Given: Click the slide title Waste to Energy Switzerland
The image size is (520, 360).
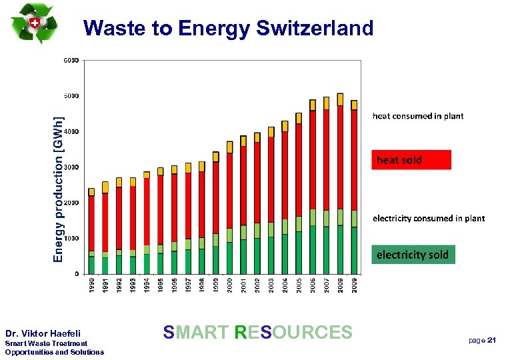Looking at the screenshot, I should coord(229,28).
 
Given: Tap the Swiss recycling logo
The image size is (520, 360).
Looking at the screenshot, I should coord(35,23).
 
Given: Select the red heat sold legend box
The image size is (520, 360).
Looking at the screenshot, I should coord(411,160).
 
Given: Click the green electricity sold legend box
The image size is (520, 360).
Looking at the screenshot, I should coord(413,255).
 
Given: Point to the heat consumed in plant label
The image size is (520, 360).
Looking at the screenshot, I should coord(417,116).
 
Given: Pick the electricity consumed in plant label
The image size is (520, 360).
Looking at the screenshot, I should coord(428,218).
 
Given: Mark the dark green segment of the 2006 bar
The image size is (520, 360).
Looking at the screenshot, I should coord(313,249).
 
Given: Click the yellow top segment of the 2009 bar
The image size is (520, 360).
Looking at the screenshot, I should coord(355,105).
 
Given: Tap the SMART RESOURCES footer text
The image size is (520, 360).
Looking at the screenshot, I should coord(257,332).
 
